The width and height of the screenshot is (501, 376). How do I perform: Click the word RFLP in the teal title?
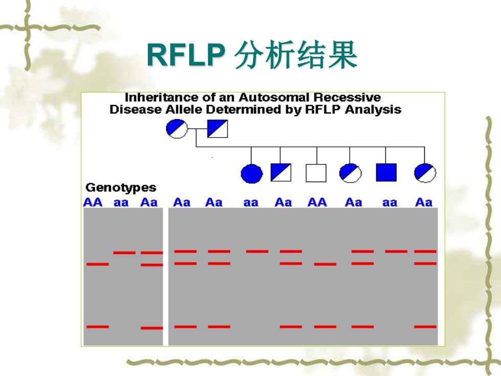pos(186,55)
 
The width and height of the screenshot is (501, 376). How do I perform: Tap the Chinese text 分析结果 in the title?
pos(295,55)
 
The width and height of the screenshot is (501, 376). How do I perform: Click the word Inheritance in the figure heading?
pos(161,97)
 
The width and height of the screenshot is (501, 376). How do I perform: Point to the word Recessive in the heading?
pos(347,97)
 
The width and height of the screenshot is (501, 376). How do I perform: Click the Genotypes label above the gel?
pos(121,187)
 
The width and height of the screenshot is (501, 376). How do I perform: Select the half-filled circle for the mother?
pos(177,128)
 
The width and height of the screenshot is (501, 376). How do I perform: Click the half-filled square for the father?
pos(218,128)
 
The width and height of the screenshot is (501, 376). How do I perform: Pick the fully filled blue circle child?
pos(252,173)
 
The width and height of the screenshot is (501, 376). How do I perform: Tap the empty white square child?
pos(316,173)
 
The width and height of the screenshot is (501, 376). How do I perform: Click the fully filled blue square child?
pos(386,172)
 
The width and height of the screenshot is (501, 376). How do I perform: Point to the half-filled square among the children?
pos(281,172)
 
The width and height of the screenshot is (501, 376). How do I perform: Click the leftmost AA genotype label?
pos(93,203)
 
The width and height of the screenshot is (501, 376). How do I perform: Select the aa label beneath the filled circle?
pos(251,203)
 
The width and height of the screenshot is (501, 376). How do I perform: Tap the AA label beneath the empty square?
pos(317,203)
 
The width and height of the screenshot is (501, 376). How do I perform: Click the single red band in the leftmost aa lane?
pos(124,253)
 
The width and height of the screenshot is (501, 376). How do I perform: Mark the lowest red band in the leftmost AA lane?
pos(98,326)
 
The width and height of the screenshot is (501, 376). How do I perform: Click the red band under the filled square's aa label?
pos(396,251)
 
